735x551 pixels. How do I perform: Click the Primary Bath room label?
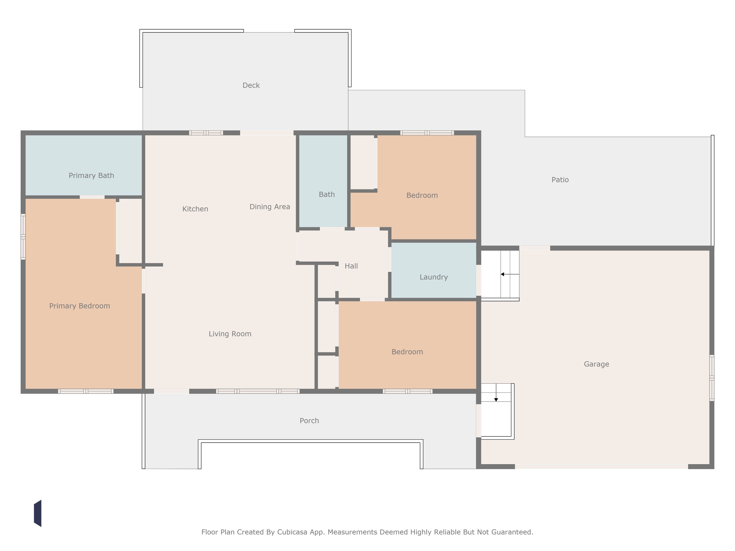point(91,176)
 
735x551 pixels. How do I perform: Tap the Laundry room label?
point(434,277)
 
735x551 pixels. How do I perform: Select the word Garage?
point(596,364)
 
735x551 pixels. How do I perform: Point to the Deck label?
point(251,85)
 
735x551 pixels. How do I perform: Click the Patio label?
point(560,180)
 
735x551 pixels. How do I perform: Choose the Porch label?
point(309,420)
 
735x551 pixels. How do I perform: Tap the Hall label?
point(351,266)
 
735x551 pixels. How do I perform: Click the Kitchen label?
point(195,209)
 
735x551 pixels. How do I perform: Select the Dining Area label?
point(270,207)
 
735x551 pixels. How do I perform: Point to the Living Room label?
point(230,334)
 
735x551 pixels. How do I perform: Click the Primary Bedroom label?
point(80,306)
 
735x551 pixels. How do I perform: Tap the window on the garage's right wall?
point(712,378)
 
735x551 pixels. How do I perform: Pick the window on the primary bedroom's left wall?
point(23,236)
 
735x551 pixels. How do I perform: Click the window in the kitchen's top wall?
point(206,133)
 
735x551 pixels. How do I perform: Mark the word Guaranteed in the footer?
point(512,532)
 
